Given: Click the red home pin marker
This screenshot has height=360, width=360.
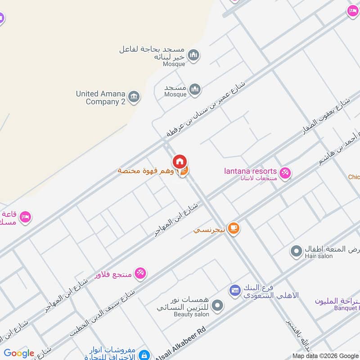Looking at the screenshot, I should pyautogui.click(x=180, y=161).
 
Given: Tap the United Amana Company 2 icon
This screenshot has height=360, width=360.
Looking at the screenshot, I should pyautogui.click(x=134, y=97).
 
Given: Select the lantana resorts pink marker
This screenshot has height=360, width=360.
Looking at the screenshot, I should pyautogui.click(x=285, y=173).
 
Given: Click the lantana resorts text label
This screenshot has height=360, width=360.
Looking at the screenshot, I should pyautogui.click(x=250, y=171).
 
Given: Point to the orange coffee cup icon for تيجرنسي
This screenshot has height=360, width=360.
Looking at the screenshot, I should pyautogui.click(x=233, y=229).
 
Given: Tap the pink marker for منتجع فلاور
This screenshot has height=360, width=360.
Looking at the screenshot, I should pyautogui.click(x=140, y=273).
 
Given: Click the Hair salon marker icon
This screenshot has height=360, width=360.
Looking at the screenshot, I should pyautogui.click(x=296, y=251).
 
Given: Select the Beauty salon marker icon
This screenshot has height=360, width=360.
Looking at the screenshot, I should pyautogui.click(x=217, y=306).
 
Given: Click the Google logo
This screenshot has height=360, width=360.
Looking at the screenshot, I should pyautogui.click(x=19, y=353).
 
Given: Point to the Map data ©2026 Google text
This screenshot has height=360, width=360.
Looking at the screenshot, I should pyautogui.click(x=326, y=355).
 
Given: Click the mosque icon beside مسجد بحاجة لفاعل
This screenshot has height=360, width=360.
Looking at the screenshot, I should pyautogui.click(x=193, y=55).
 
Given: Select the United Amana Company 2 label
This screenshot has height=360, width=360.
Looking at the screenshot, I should pyautogui.click(x=101, y=98).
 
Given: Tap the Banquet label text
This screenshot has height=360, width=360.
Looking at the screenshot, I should pyautogui.click(x=346, y=308).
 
